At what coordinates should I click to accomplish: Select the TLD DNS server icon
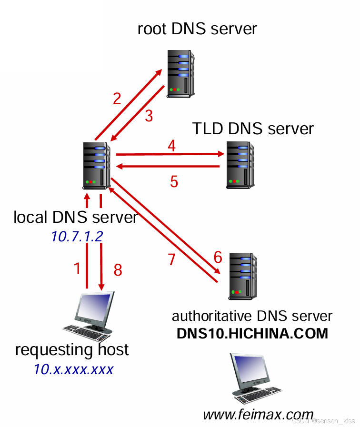click(240, 163)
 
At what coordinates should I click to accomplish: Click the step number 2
click(117, 99)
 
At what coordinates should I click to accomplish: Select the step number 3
click(149, 116)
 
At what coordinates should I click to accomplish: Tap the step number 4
click(171, 146)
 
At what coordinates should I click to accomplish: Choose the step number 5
click(174, 181)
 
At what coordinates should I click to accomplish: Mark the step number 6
click(218, 258)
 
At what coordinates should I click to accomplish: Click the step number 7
click(172, 259)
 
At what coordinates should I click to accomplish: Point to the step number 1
click(78, 269)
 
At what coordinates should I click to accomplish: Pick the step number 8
click(118, 270)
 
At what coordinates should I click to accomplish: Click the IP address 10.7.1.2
click(77, 237)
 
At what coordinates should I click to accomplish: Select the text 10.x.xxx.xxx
click(73, 369)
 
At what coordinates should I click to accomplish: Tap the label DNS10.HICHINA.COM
click(252, 333)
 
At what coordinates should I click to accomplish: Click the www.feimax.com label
click(258, 415)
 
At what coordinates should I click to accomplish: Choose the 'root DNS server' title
click(197, 29)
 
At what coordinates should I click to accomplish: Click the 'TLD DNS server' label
click(253, 129)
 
